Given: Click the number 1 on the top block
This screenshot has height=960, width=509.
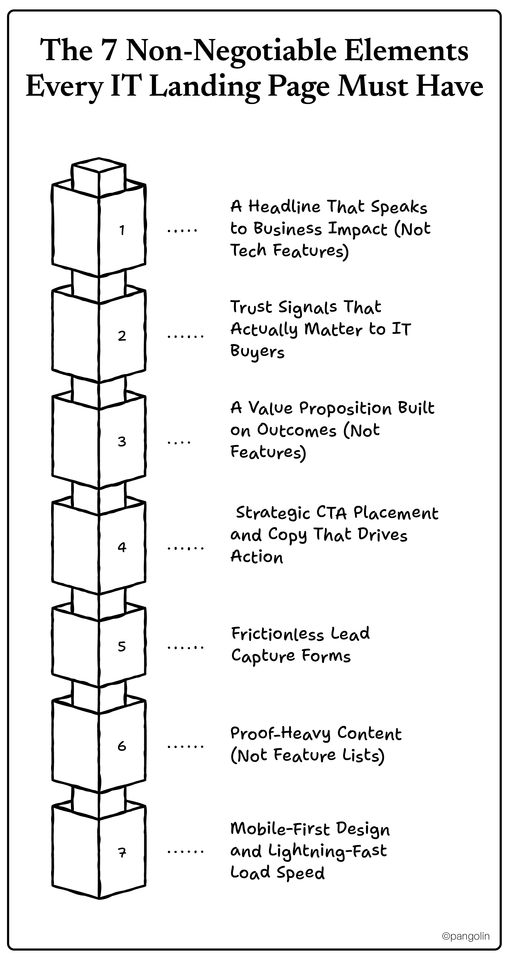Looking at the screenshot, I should point(122,230).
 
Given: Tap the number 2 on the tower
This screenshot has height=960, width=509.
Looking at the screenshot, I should point(122,336).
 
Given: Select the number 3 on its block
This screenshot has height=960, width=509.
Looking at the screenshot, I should point(122,442).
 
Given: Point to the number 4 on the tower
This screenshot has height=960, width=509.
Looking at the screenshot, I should point(122,547).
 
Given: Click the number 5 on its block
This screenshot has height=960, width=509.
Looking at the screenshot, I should point(122,646).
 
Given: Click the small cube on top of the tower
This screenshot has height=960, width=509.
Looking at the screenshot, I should point(99,175).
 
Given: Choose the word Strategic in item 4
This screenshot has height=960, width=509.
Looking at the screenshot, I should point(273,514).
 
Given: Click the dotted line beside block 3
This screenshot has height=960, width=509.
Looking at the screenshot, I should point(179,442).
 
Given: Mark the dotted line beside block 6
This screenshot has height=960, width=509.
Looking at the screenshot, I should point(185,746).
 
